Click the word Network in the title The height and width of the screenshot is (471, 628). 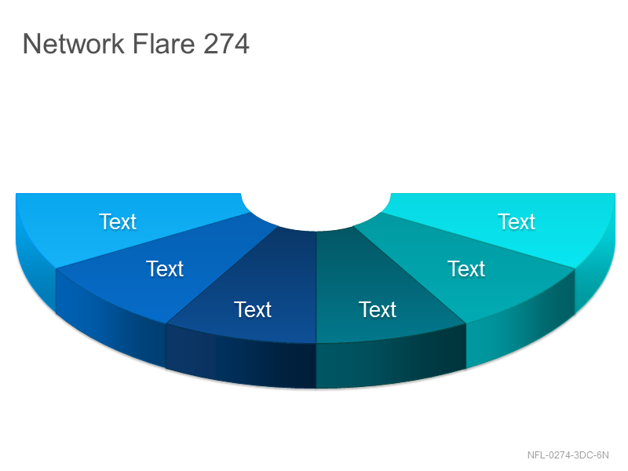click(x=73, y=43)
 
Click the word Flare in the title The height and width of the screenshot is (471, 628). click(x=164, y=43)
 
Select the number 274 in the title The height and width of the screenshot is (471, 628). click(x=226, y=43)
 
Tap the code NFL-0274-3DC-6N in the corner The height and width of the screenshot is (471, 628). click(x=568, y=455)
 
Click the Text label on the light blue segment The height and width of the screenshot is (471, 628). click(x=118, y=221)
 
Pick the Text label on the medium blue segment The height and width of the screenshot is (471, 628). click(x=165, y=268)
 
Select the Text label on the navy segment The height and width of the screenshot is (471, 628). click(x=253, y=309)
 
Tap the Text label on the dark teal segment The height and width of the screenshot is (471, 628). click(x=378, y=309)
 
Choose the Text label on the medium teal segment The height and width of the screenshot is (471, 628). click(x=466, y=268)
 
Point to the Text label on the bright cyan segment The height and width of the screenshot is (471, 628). click(x=517, y=221)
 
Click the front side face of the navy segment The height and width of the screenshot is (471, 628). click(x=241, y=360)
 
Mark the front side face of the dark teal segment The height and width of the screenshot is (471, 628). click(x=391, y=360)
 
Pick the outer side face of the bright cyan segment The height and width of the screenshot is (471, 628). click(x=595, y=272)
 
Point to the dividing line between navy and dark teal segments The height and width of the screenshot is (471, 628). click(x=316, y=287)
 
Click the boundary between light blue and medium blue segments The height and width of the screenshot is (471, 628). click(x=154, y=240)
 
